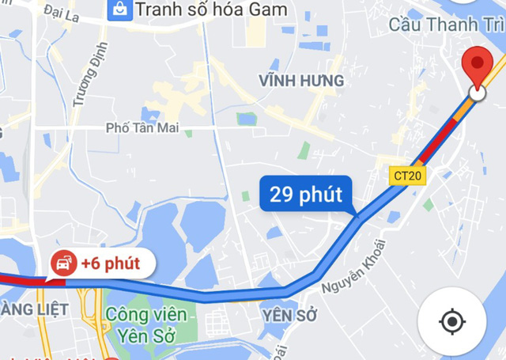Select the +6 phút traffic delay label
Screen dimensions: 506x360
click(x=97, y=263)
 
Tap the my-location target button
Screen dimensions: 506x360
click(x=451, y=321)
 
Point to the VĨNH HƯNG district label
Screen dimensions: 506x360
click(x=301, y=81)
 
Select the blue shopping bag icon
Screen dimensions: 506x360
click(x=119, y=9)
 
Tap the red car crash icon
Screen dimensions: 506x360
click(x=62, y=263)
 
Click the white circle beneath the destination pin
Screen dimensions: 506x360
click(x=477, y=93)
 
